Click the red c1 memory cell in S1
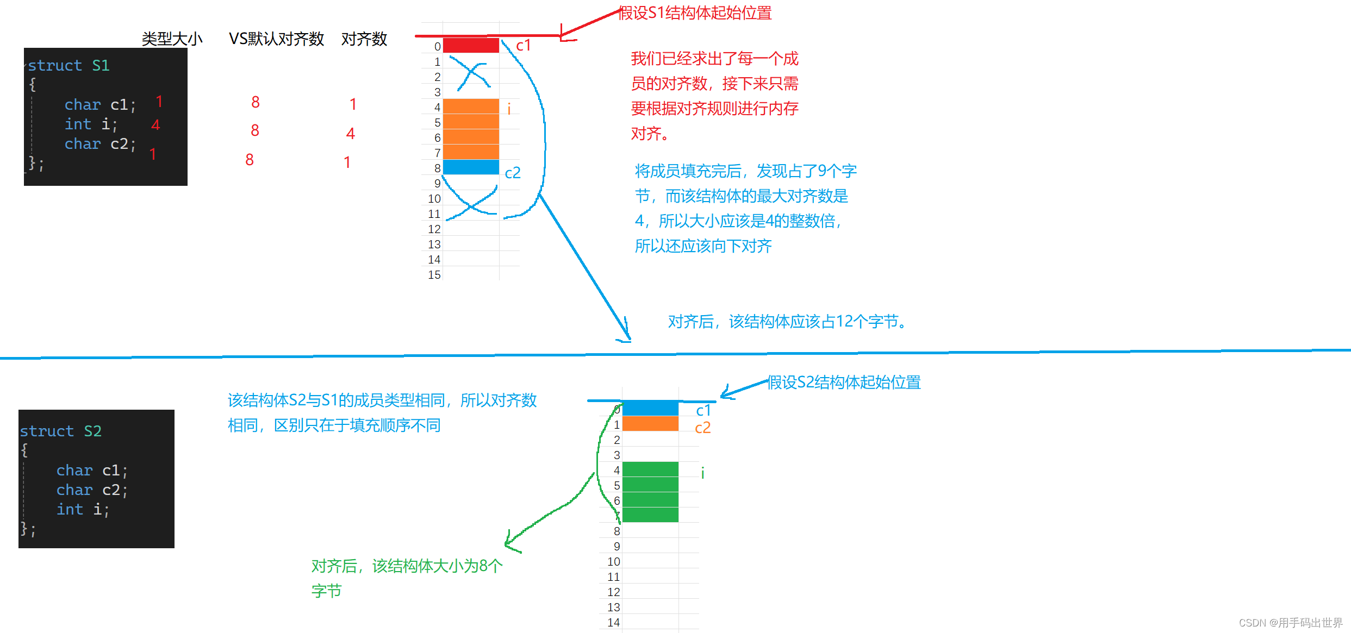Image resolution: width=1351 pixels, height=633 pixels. [471, 45]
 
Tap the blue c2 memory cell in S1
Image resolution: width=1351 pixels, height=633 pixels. [471, 167]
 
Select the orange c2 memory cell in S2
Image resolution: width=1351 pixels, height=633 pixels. [650, 424]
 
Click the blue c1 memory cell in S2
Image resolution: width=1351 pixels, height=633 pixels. [650, 409]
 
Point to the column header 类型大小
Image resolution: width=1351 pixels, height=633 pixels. [172, 39]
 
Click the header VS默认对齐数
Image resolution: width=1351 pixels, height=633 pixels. [276, 39]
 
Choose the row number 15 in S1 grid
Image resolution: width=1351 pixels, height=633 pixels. [434, 275]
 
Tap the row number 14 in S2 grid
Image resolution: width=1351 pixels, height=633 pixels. [613, 623]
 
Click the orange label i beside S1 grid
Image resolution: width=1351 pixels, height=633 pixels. [509, 110]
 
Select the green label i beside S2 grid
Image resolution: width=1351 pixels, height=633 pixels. [702, 473]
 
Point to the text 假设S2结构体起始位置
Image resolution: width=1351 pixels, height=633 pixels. [844, 383]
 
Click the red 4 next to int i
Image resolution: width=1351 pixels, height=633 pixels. [155, 126]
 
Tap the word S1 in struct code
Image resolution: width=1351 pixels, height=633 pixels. [101, 66]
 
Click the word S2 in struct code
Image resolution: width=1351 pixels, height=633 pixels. [92, 431]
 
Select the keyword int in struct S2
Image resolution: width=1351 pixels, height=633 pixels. [70, 510]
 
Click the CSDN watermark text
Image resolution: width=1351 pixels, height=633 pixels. [1290, 623]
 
